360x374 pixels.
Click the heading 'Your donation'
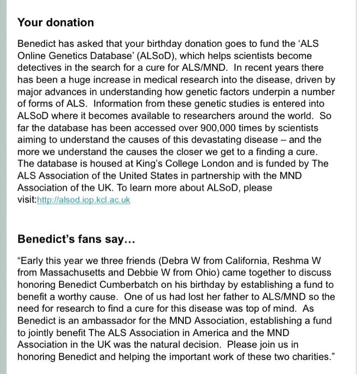(x=55, y=22)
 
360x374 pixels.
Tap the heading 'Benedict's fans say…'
(x=76, y=239)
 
